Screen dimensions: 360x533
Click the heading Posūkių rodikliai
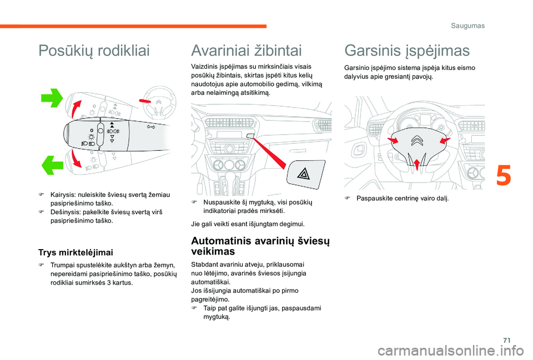(x=94, y=52)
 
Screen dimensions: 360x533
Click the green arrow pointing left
(x=54, y=165)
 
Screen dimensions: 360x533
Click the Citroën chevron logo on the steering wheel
(x=417, y=142)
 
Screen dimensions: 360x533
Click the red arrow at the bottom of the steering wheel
(x=418, y=162)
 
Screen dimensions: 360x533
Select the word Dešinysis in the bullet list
(x=66, y=212)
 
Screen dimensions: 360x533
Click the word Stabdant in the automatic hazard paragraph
(x=204, y=265)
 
